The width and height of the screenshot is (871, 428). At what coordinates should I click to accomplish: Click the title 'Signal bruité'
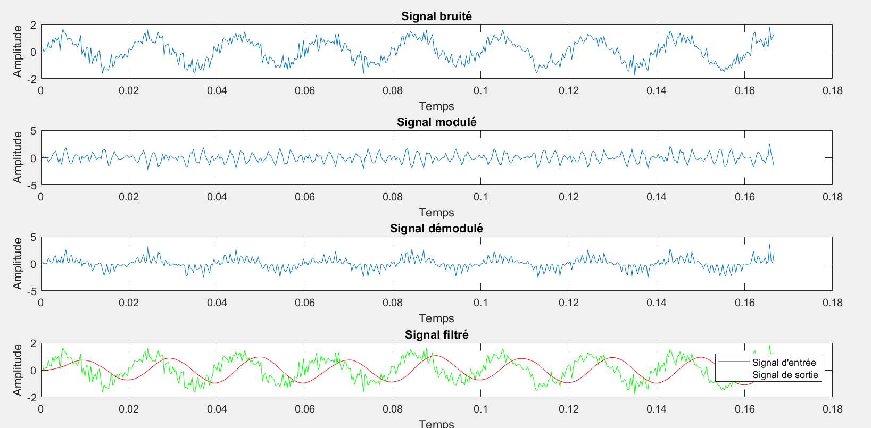coord(436,16)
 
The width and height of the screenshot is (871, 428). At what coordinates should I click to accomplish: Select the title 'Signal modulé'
coord(436,122)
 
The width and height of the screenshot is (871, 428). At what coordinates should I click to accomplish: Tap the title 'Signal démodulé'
coord(436,229)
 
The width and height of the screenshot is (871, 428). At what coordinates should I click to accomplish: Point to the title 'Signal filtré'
coord(436,335)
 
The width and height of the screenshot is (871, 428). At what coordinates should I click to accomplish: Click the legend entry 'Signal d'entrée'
coord(784,363)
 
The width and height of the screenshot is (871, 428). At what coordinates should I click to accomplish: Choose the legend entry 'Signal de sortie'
coord(785,375)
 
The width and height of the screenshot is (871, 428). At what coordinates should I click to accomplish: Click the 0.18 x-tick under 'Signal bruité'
coord(832,91)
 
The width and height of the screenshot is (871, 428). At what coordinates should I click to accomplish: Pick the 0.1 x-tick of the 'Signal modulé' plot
coord(480,197)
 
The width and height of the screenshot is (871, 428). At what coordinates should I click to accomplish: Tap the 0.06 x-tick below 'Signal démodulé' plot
coord(305,303)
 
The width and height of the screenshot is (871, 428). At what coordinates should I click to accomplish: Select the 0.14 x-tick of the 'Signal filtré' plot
coord(657,409)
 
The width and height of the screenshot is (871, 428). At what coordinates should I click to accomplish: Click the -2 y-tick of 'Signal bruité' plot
coord(32,79)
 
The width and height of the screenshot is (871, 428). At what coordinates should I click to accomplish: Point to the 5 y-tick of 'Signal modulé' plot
coord(34,131)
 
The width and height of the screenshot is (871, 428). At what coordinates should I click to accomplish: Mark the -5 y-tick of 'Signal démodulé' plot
coord(32,291)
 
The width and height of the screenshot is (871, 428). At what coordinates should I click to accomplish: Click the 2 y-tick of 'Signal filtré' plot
coord(34,344)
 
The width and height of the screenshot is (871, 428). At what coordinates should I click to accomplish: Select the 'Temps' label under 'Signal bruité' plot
coord(436,106)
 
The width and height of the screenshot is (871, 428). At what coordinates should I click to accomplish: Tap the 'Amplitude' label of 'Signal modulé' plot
coord(18,158)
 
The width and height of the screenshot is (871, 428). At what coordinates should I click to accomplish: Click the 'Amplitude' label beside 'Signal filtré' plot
coord(18,370)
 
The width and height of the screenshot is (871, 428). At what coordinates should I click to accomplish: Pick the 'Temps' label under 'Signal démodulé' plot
coord(436,318)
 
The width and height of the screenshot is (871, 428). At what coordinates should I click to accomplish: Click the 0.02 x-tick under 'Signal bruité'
coord(129,91)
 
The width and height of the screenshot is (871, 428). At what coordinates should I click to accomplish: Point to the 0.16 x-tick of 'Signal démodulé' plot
coord(744,303)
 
